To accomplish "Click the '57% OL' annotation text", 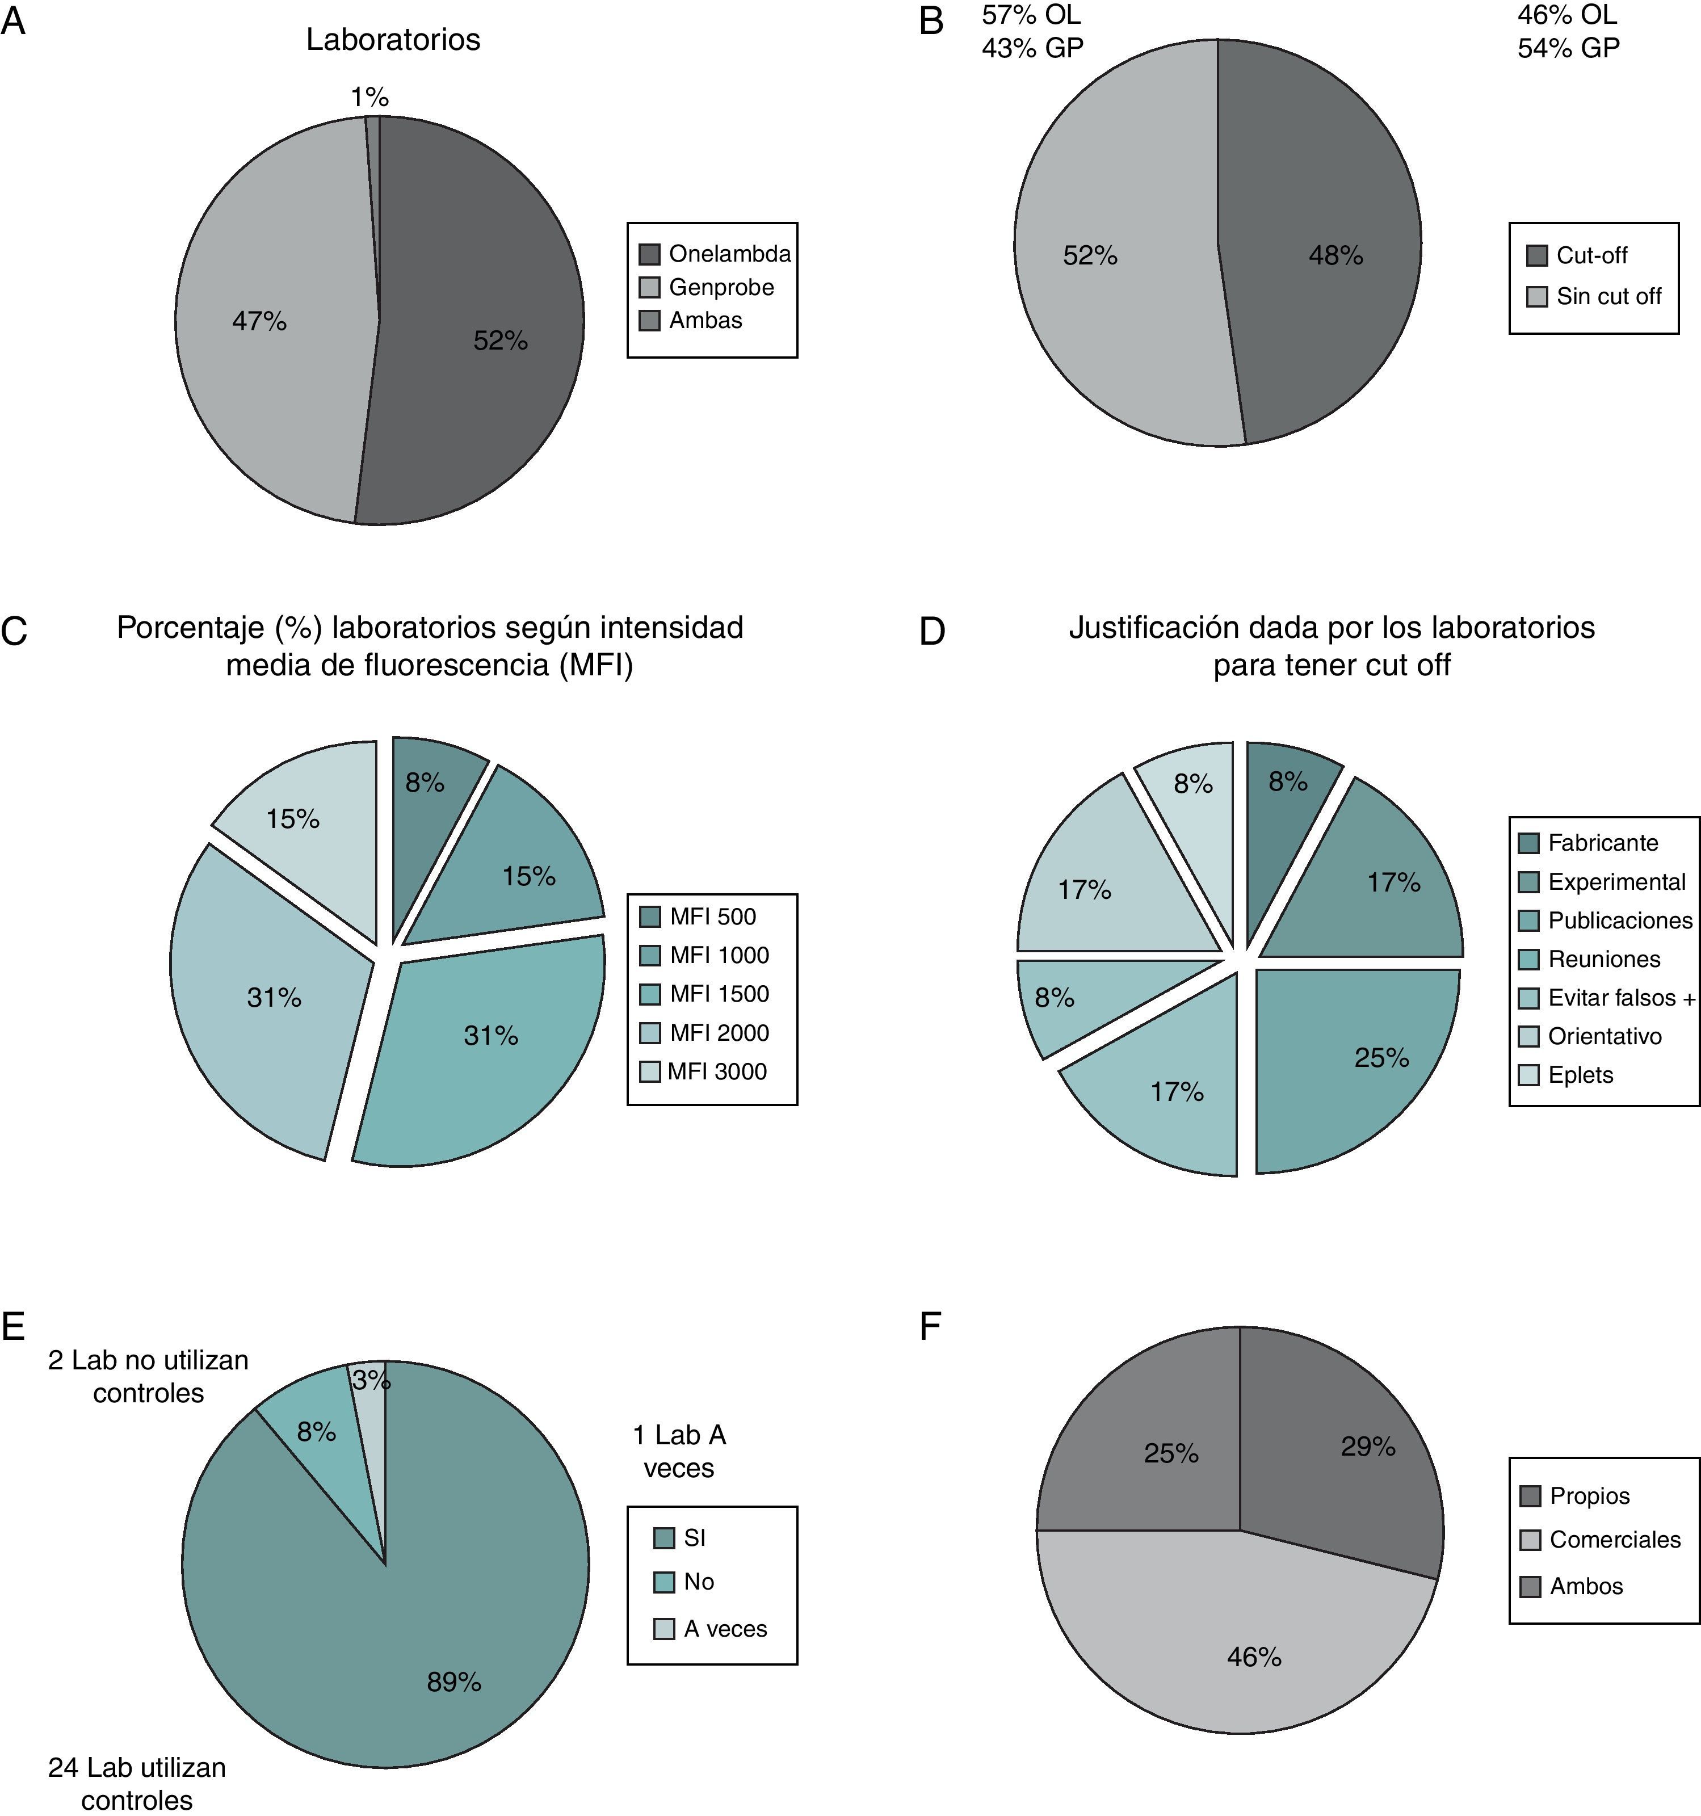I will point(1031,15).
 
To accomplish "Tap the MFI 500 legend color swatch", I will point(649,916).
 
